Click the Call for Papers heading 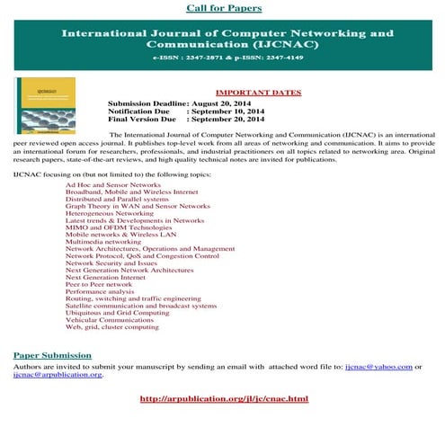click(225, 8)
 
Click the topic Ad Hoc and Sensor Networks click(113, 184)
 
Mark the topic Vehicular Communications click(110, 320)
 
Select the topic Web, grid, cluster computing click(112, 327)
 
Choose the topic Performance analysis click(101, 291)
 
